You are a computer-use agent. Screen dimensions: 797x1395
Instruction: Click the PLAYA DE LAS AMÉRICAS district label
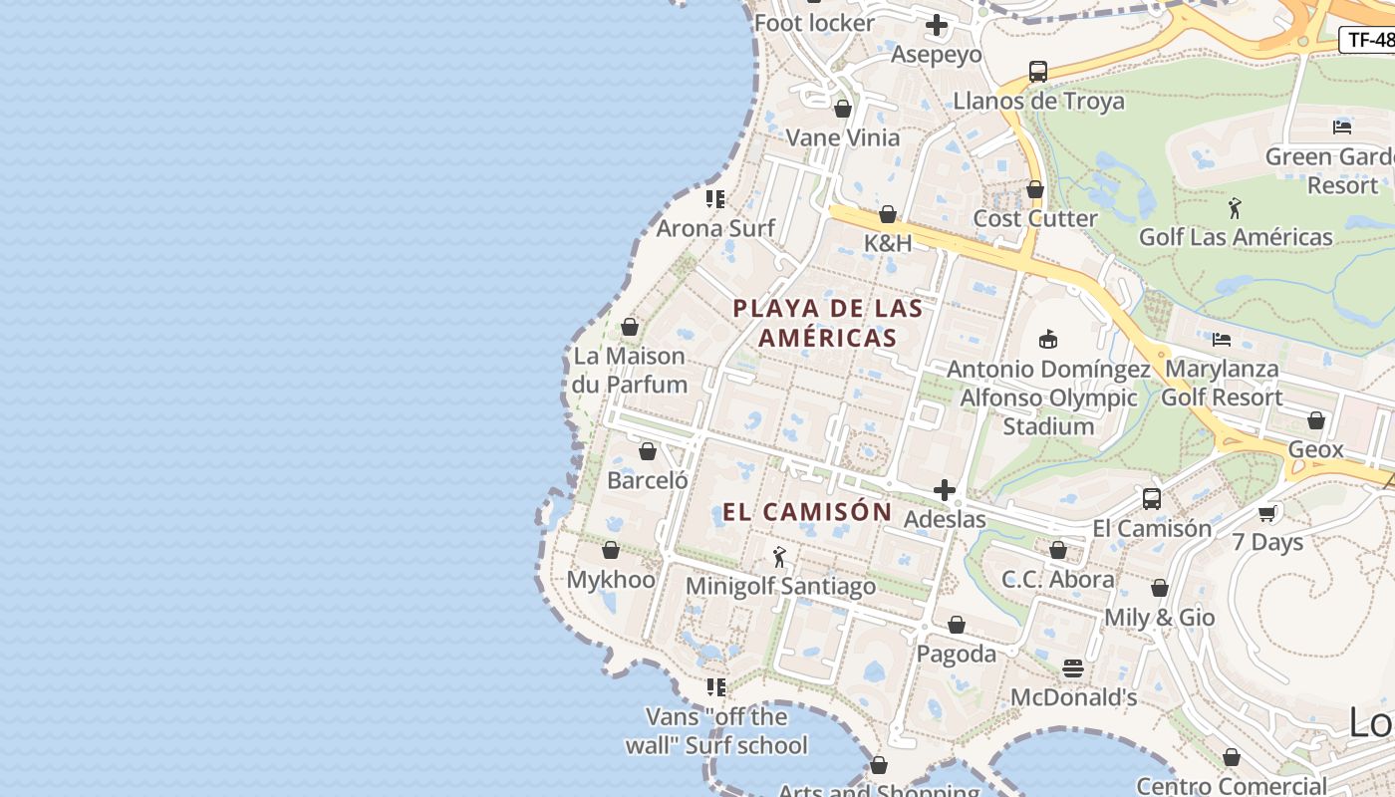tap(828, 323)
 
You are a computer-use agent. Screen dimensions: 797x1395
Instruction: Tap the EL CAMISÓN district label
tap(807, 512)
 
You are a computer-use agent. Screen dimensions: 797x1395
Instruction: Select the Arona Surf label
tap(715, 228)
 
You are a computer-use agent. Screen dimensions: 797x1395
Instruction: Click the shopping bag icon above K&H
tap(888, 214)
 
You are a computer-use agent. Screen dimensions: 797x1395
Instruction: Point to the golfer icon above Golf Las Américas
tap(1236, 208)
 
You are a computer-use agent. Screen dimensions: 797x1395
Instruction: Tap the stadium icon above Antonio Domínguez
tap(1047, 340)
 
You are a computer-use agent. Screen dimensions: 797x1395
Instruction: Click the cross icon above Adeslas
tap(945, 490)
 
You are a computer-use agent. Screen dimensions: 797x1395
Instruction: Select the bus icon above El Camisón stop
tap(1152, 499)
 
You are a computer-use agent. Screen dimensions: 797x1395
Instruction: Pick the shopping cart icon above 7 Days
tap(1267, 513)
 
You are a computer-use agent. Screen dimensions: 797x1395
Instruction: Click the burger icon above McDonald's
tap(1073, 668)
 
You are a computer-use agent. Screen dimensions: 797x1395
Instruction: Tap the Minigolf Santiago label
tap(780, 586)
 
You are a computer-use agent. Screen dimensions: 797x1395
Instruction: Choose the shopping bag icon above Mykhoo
tap(611, 550)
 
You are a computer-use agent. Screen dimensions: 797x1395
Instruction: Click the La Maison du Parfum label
tap(630, 370)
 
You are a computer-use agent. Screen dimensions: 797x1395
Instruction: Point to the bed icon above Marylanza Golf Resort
tap(1222, 340)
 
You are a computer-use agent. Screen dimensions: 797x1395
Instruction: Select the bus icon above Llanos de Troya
tap(1038, 72)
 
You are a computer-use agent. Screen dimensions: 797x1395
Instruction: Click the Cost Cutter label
tap(1035, 218)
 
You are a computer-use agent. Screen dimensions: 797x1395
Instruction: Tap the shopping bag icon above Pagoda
tap(957, 625)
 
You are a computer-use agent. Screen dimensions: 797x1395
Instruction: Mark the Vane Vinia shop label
tap(843, 137)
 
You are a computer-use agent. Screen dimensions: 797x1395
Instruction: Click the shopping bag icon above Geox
tap(1316, 420)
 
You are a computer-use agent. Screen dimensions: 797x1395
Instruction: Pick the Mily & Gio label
tap(1159, 618)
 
